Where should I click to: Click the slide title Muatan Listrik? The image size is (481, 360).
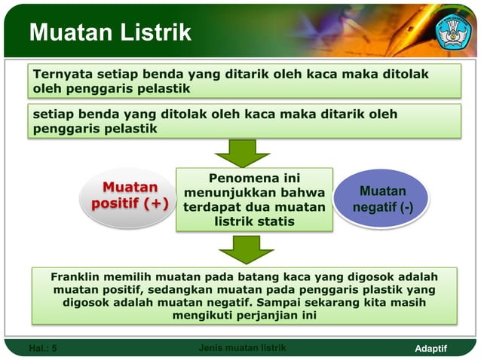pyautogui.click(x=110, y=33)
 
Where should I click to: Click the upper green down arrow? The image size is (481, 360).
pyautogui.click(x=242, y=152)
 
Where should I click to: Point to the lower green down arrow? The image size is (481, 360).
pyautogui.click(x=242, y=249)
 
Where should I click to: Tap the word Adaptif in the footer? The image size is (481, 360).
pyautogui.click(x=431, y=348)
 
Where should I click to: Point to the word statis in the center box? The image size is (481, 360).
pyautogui.click(x=275, y=221)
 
